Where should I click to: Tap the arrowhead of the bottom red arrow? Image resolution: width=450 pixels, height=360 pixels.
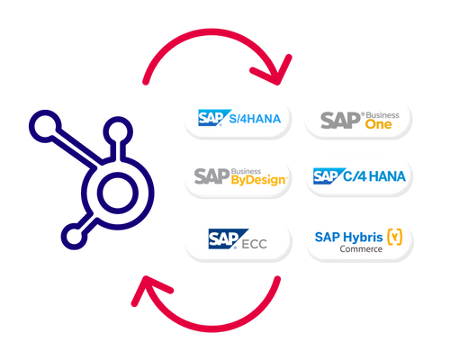pyautogui.click(x=143, y=289)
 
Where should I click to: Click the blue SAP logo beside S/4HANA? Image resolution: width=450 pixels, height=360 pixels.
pyautogui.click(x=214, y=118)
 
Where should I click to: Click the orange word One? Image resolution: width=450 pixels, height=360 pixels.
pyautogui.click(x=379, y=126)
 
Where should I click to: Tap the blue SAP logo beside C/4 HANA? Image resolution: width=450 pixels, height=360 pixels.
pyautogui.click(x=330, y=176)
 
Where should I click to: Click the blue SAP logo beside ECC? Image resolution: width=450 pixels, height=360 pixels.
pyautogui.click(x=224, y=238)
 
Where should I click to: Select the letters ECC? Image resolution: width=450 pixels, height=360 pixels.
pyautogui.click(x=257, y=240)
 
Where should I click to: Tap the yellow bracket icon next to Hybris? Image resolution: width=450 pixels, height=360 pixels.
pyautogui.click(x=395, y=237)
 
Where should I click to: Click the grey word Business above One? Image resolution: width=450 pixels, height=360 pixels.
pyautogui.click(x=385, y=113)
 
